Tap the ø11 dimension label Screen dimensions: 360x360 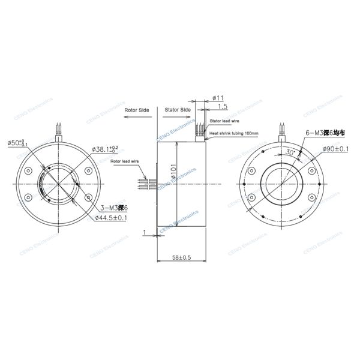218,97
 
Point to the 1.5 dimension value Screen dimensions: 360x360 223,106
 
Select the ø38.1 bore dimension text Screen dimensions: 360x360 105,148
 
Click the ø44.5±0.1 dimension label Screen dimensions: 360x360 110,217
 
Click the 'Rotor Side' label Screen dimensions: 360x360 136,111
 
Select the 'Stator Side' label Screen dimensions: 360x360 177,110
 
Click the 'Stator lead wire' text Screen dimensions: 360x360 224,121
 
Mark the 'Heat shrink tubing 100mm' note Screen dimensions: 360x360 233,133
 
